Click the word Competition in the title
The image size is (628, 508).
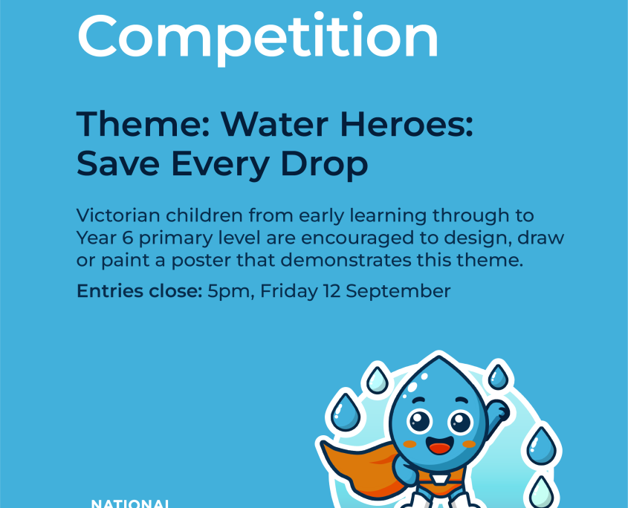(x=258, y=38)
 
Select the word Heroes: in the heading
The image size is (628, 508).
(x=407, y=124)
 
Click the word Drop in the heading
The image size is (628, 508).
(x=324, y=164)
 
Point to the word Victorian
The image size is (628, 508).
(x=118, y=215)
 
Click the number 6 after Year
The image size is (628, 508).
(x=127, y=238)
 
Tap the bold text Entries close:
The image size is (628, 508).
(x=140, y=291)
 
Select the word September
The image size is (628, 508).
(x=398, y=292)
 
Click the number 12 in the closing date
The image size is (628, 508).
(x=331, y=291)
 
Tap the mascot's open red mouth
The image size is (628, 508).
(x=440, y=445)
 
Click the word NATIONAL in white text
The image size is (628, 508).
(x=129, y=504)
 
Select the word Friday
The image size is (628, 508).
(x=289, y=292)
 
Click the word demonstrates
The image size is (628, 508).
(x=346, y=261)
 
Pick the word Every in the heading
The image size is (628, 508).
(x=220, y=164)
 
